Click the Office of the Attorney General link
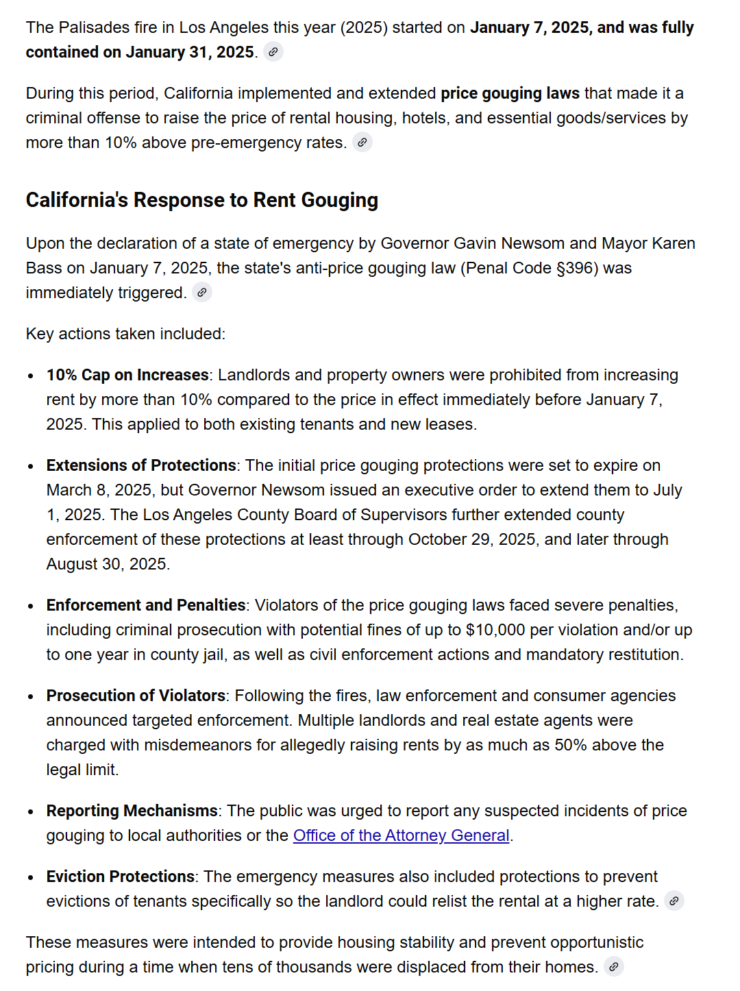pyautogui.click(x=401, y=835)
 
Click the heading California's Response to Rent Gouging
pyautogui.click(x=202, y=200)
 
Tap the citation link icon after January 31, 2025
pyautogui.click(x=273, y=51)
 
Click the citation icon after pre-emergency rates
pyautogui.click(x=362, y=142)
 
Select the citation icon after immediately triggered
pyautogui.click(x=202, y=292)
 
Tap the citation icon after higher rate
pyautogui.click(x=674, y=901)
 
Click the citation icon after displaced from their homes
pyautogui.click(x=614, y=966)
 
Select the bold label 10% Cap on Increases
pyautogui.click(x=127, y=375)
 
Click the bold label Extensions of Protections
pyautogui.click(x=141, y=465)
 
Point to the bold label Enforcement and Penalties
pyautogui.click(x=146, y=605)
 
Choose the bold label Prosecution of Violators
pyautogui.click(x=136, y=696)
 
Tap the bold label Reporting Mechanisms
pyautogui.click(x=132, y=811)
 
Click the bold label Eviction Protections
pyautogui.click(x=121, y=877)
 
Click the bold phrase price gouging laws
pyautogui.click(x=510, y=93)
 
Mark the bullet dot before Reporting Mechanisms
pyautogui.click(x=31, y=811)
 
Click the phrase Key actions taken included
pyautogui.click(x=125, y=334)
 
